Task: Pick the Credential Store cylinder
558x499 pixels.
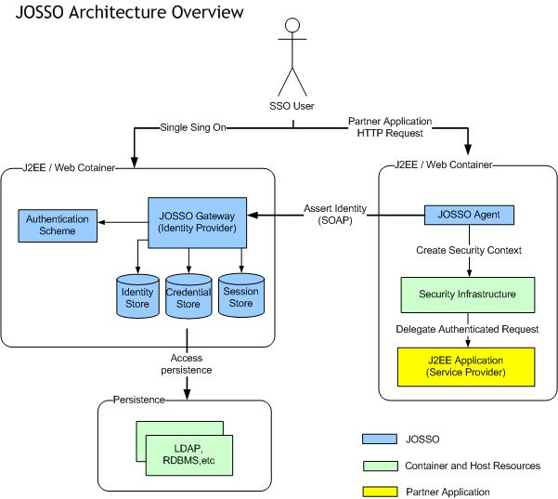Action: [189, 296]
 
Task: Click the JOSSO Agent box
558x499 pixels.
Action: [468, 215]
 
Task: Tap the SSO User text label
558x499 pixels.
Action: [295, 106]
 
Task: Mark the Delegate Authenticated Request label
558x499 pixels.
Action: [469, 330]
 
